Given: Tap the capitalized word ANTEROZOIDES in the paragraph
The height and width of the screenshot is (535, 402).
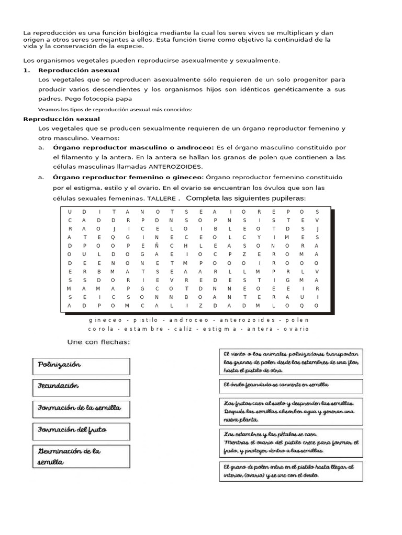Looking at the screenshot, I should tap(175, 167).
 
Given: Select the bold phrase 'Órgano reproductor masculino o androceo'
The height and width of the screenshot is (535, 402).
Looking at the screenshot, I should tap(133, 148).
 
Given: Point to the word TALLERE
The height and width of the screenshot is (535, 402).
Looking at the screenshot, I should tap(161, 199).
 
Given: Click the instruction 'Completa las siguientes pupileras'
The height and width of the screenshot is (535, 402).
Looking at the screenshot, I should tap(245, 199).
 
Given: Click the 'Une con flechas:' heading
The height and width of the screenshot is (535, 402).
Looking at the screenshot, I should tap(98, 342).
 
